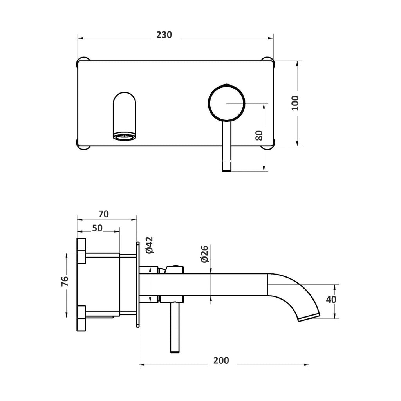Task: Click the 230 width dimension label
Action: pos(164,34)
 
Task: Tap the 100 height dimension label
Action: pos(295,103)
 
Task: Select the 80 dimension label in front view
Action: pos(259,135)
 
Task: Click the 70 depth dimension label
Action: pos(103,214)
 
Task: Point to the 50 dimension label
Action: pos(98,228)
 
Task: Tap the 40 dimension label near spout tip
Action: pos(331,300)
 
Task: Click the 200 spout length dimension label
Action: pos(222,360)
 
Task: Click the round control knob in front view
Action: pos(227,103)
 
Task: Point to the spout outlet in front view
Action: pos(125,136)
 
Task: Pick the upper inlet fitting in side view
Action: pos(81,250)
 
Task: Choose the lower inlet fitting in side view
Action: pos(81,317)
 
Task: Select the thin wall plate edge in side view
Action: pos(138,284)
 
